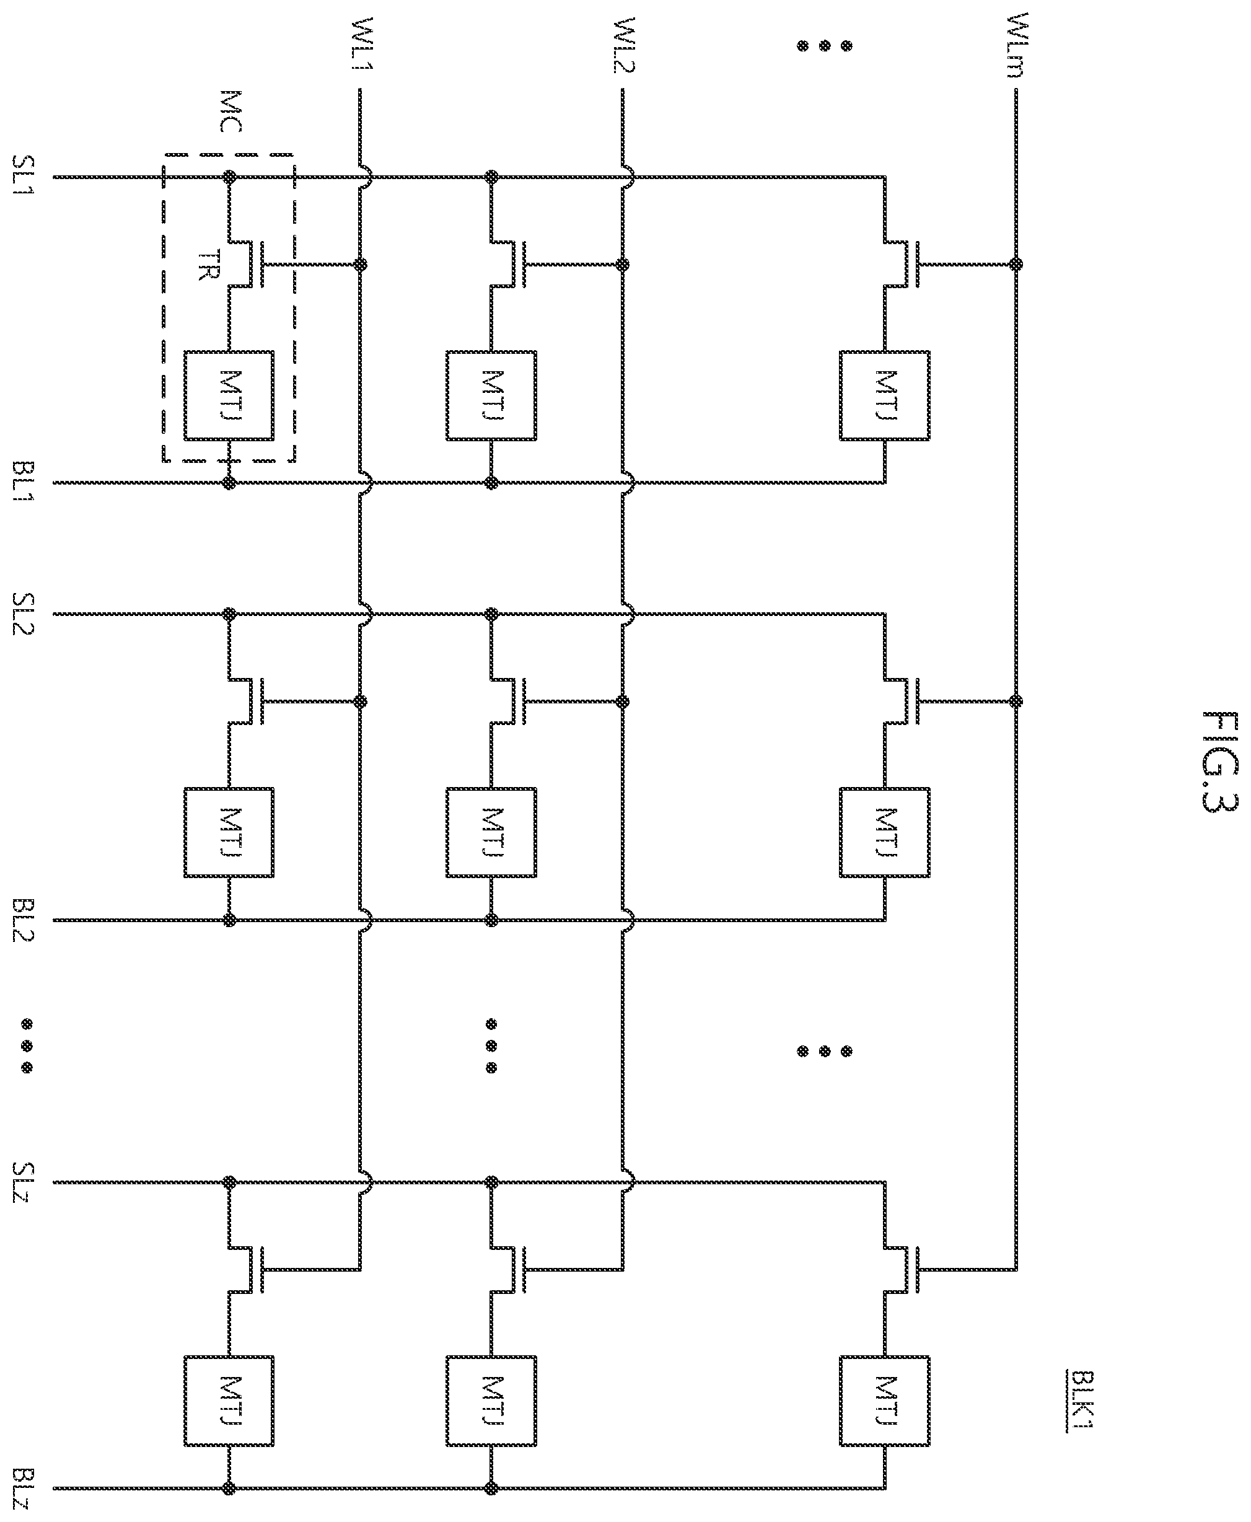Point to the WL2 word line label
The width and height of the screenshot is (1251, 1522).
tap(623, 45)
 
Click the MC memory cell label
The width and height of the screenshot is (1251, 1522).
tap(230, 111)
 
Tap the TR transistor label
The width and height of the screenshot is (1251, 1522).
tap(208, 265)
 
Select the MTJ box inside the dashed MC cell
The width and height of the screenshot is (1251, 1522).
tap(229, 395)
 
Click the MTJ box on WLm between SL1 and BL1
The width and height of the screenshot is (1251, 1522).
tap(885, 395)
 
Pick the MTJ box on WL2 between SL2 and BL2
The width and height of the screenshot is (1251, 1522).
tap(491, 833)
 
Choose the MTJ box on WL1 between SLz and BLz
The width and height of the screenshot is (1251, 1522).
tap(229, 1402)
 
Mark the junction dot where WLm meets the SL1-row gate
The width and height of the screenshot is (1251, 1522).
tap(1017, 265)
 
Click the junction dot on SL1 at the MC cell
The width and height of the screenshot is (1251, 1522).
tap(230, 176)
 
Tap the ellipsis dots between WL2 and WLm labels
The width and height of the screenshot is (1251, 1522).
tap(824, 45)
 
